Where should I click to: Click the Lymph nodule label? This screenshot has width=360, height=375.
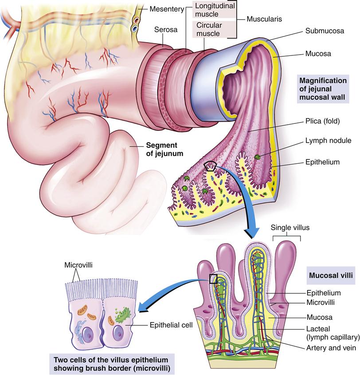[x=329, y=141]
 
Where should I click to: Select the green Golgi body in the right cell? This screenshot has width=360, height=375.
[x=121, y=316]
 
